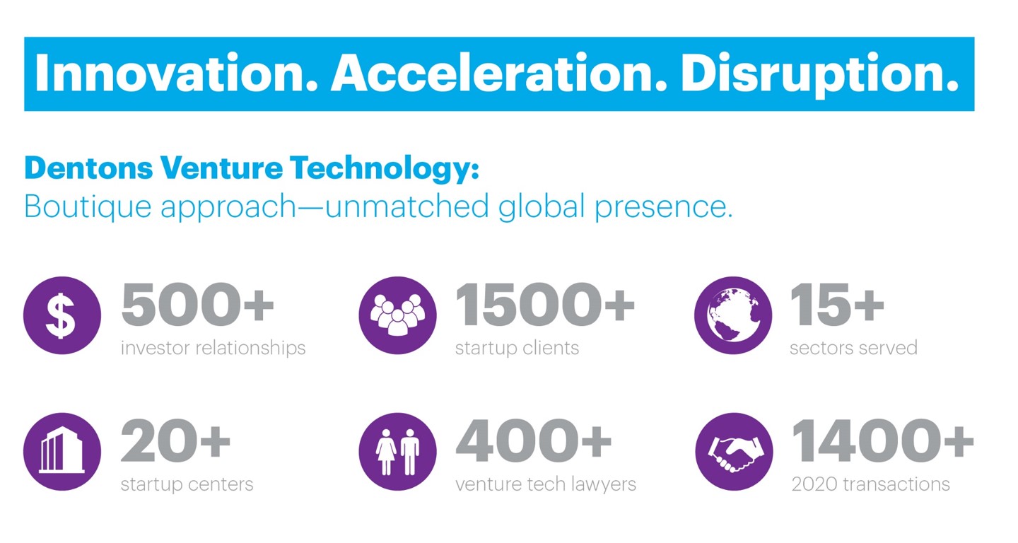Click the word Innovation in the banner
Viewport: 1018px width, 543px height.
176,73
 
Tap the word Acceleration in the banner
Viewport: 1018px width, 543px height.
499,73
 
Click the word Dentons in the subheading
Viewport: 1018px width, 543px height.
88,168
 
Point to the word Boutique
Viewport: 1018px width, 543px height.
88,207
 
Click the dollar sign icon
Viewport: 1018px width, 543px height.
62,315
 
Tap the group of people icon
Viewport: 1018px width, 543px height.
397,315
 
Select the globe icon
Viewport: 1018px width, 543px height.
733,315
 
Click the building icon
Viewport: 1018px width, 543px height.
62,452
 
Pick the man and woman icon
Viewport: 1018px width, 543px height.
397,452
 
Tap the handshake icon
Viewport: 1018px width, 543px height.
734,452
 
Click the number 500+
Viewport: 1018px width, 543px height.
198,304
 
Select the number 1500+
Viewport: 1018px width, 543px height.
545,304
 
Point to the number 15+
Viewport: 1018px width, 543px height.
837,304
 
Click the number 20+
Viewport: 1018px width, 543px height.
175,440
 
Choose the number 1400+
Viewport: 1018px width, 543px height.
882,440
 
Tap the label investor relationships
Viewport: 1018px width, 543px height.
213,349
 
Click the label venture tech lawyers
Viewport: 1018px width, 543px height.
546,484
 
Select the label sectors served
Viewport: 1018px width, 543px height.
853,348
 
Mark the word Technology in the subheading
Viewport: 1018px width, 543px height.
385,169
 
